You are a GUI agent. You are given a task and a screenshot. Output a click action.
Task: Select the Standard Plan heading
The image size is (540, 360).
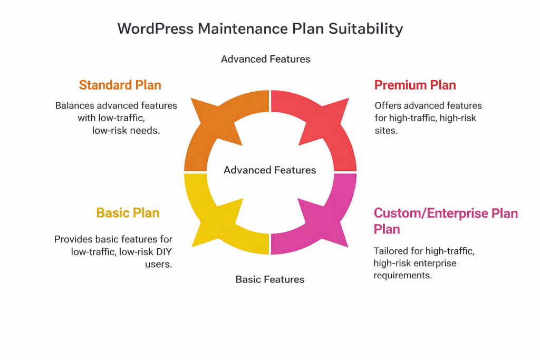click(120, 85)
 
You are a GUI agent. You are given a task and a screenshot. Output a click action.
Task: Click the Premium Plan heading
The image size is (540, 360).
click(415, 85)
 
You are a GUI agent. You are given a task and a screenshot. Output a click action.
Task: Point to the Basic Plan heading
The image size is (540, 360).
click(128, 213)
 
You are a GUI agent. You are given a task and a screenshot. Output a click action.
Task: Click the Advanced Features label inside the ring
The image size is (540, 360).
click(270, 170)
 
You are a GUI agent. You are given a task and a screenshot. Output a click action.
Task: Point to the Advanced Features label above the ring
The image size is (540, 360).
click(266, 59)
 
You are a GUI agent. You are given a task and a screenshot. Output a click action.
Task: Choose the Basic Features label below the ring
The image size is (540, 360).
click(270, 279)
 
